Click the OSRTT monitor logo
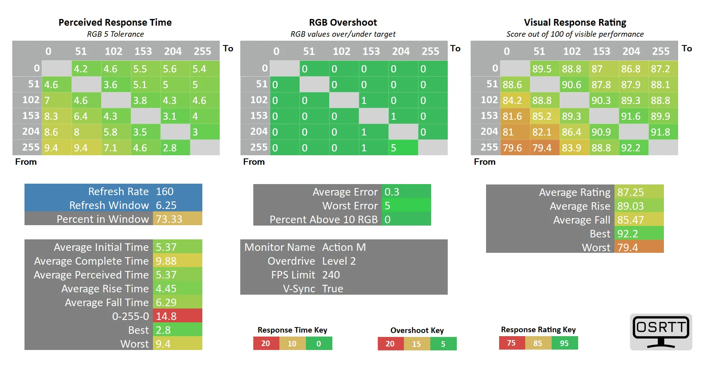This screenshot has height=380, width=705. (x=661, y=332)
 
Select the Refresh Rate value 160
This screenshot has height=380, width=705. (x=165, y=192)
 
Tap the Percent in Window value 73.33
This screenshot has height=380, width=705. (x=169, y=219)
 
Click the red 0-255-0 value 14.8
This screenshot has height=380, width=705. (x=166, y=316)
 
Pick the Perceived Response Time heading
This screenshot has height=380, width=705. (x=115, y=23)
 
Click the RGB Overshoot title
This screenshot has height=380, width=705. (x=343, y=23)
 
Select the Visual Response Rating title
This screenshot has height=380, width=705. (x=575, y=23)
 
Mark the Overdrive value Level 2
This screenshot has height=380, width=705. (x=339, y=261)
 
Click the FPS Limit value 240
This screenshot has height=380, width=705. (x=331, y=275)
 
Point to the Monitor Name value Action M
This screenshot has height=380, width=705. (x=344, y=247)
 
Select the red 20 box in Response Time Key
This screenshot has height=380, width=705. (x=266, y=344)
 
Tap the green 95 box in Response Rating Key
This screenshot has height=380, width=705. (x=564, y=343)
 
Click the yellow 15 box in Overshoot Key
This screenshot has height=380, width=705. (x=417, y=344)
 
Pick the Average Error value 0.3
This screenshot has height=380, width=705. (x=392, y=192)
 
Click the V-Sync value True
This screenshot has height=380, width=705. (x=333, y=289)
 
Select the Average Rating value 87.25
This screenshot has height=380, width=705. (x=631, y=192)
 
